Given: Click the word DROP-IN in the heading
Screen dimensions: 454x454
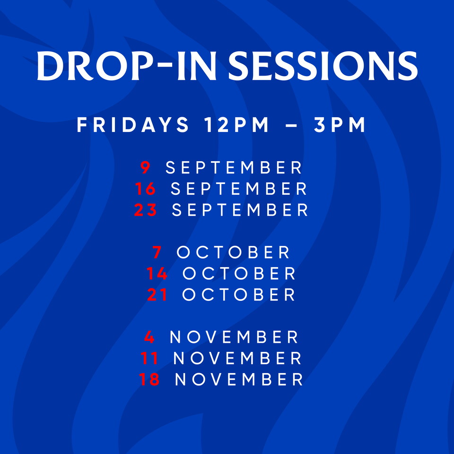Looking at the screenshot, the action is coord(127,66).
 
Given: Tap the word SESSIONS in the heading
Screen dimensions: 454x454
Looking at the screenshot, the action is coord(323,66).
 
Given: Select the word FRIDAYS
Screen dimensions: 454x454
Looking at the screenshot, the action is coord(133,125).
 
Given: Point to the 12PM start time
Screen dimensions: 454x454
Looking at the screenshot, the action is coord(236,125).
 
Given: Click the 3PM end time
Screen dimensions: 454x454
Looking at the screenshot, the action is coord(340,125).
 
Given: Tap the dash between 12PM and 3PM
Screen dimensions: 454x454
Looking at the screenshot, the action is coord(291,125).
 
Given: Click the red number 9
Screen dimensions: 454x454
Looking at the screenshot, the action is coord(145,167).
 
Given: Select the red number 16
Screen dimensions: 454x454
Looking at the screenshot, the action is coord(145,189).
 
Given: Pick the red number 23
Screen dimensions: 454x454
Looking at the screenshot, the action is coord(145,210).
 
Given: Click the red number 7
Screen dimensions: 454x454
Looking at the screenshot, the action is coord(157,252).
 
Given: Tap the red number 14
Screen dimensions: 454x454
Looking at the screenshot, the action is coord(157,273).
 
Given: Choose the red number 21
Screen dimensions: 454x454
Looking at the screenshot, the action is coord(157,295).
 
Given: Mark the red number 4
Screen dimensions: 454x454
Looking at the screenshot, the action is coord(149,337).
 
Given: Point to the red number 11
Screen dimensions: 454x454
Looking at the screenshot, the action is coord(149,358).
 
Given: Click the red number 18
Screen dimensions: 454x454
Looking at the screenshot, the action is coord(149,379).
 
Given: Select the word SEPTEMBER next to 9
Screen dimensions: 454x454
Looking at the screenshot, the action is coord(234,167).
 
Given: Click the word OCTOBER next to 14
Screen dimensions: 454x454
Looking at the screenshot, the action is coord(239,273).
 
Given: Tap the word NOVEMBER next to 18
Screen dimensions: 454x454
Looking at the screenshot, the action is coord(239,379).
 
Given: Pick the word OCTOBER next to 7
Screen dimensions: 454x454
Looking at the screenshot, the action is coord(233,252).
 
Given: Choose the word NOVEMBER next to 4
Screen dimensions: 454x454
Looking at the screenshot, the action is coord(234,337).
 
